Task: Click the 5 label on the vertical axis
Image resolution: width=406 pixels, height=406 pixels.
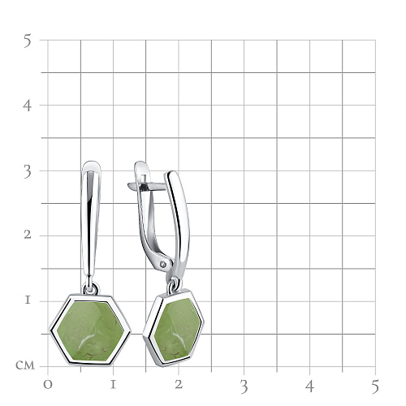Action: pos(28,41)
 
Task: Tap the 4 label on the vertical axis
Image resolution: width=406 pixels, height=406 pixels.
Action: pos(27,106)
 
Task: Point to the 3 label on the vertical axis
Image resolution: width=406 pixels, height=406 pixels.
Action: pos(28,171)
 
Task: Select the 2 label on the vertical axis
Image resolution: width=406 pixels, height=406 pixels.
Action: pos(28,235)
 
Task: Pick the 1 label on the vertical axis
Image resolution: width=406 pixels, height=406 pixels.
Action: pos(28,300)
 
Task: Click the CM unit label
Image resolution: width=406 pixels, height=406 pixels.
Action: pos(25,365)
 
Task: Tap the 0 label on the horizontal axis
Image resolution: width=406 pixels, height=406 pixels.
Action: pos(48,385)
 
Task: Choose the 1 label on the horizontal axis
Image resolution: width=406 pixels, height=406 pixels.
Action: pos(113,385)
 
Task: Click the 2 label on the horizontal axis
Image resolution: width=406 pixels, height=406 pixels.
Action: pos(179,385)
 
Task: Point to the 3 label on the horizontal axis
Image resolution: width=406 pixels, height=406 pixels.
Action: pos(244,387)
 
